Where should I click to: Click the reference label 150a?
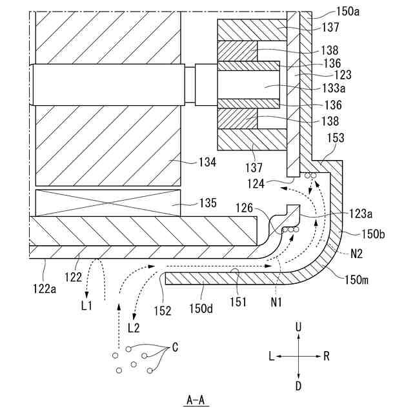click(x=348, y=12)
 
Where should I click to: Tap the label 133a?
click(x=334, y=88)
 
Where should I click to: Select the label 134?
click(x=208, y=162)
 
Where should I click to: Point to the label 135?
click(x=208, y=203)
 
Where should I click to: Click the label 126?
click(x=244, y=208)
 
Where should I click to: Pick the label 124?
click(x=256, y=184)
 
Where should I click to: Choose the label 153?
click(x=336, y=138)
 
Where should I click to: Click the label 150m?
click(x=357, y=280)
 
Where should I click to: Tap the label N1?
click(x=276, y=302)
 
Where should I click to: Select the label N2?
click(x=357, y=254)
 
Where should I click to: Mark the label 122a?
click(x=45, y=289)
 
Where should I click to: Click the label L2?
click(x=134, y=328)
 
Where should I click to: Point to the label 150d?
click(x=201, y=309)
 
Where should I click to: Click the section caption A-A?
click(x=196, y=400)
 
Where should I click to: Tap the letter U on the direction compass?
click(x=298, y=327)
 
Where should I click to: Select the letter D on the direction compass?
click(x=298, y=387)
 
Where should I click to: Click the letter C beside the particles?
click(x=175, y=347)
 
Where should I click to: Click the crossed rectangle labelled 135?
click(x=108, y=203)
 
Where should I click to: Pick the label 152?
click(x=163, y=311)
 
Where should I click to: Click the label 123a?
click(x=361, y=214)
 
